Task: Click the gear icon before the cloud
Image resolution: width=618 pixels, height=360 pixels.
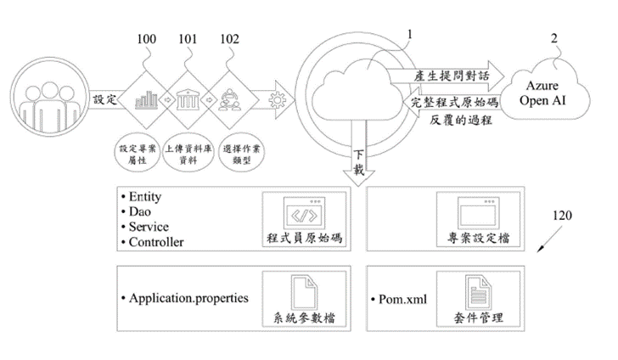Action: pyautogui.click(x=274, y=99)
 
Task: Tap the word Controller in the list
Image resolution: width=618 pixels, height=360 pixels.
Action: pyautogui.click(x=157, y=243)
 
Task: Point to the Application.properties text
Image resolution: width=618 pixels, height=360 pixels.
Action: pyautogui.click(x=188, y=298)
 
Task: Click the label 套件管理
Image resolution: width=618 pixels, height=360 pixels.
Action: pyautogui.click(x=477, y=319)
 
